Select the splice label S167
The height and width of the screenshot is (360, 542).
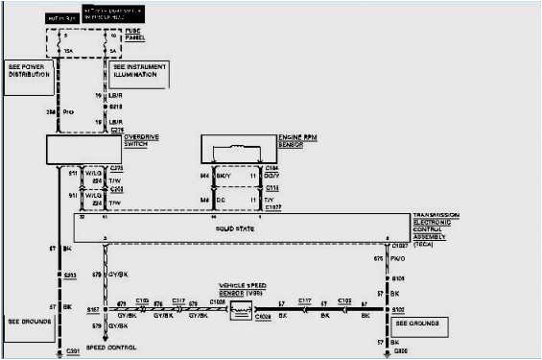point(94,312)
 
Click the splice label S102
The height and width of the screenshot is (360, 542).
point(397,311)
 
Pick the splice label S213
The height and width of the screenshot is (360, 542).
point(69,276)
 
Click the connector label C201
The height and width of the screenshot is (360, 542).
point(69,352)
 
